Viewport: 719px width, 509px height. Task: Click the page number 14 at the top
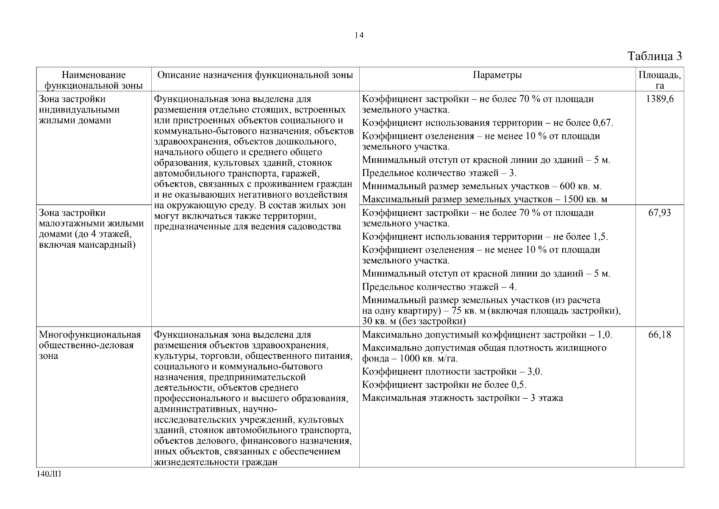(359, 36)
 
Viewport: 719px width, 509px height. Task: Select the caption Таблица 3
(655, 56)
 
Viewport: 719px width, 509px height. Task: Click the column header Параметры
(497, 76)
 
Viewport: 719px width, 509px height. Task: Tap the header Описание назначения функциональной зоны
(255, 76)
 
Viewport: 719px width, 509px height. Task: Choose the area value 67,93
(660, 213)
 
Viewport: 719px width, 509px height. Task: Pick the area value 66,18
(660, 335)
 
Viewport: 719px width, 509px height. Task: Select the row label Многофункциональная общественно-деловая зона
(89, 345)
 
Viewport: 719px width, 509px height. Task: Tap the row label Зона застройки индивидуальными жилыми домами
(79, 109)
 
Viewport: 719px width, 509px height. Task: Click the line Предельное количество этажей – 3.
(439, 173)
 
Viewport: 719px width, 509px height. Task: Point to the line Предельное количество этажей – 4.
(439, 287)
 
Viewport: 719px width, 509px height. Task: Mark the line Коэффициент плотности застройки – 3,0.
(452, 372)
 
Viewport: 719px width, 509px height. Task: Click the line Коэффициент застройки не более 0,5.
(444, 385)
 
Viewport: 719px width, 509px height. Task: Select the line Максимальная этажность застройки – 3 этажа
(463, 398)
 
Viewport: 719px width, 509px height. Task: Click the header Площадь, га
(660, 80)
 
